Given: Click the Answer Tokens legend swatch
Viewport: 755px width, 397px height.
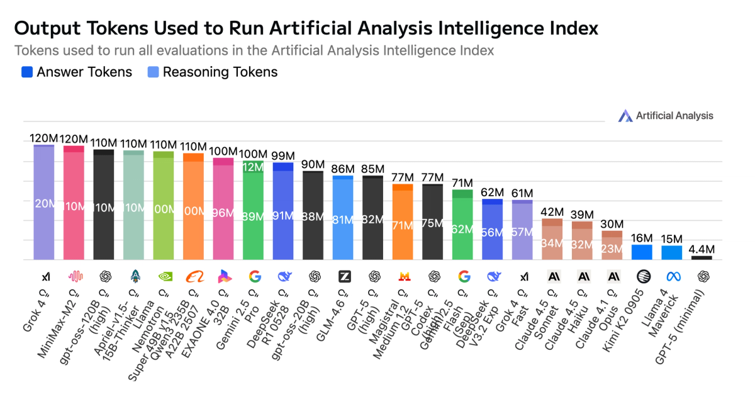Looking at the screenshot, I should pos(27,72).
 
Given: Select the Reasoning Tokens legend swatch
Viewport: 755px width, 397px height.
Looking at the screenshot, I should pos(153,72).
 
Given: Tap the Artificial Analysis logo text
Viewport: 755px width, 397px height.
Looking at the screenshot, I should pos(674,115).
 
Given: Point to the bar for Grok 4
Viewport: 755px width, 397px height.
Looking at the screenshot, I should pos(44,201).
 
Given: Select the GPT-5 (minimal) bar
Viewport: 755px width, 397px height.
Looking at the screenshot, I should pos(702,257).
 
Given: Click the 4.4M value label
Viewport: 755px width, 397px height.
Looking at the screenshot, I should pos(702,249).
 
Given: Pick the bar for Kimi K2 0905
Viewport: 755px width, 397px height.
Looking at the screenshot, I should pos(642,252).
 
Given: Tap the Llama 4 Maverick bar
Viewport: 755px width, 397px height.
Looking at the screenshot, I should pos(672,252).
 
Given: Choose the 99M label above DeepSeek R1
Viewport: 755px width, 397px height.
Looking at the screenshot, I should pos(283,155).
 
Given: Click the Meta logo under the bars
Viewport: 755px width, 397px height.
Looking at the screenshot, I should pos(672,276).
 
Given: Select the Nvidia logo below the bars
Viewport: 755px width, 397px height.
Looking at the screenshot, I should pos(164,276).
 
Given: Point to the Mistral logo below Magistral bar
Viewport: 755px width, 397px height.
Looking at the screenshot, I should pos(403,276).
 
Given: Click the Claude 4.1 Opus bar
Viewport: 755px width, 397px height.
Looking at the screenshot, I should pos(612,245).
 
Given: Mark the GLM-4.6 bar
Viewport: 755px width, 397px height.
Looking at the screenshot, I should pos(343,217).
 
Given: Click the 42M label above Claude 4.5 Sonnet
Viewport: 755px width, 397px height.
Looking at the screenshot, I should pos(552,212).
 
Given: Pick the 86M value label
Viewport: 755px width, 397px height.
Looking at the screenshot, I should pos(343,169).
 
